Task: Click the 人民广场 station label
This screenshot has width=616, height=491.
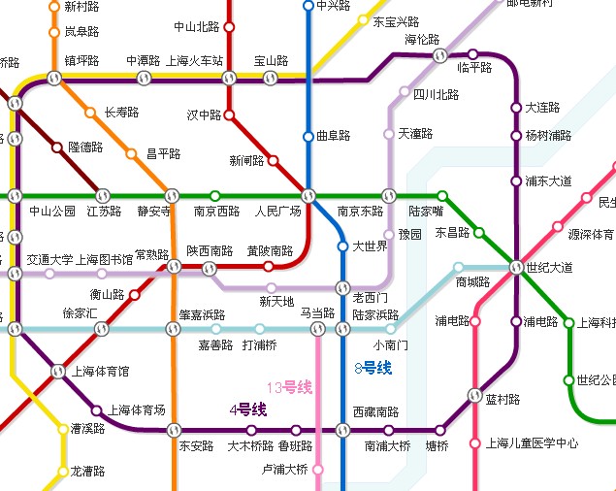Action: [278, 211]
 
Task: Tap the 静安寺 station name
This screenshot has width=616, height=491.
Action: [155, 211]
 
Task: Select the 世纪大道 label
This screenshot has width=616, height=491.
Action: [549, 267]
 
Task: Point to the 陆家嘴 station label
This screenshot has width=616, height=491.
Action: [427, 211]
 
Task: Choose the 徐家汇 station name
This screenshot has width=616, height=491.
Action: [81, 313]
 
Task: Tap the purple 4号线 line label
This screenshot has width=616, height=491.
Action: [247, 409]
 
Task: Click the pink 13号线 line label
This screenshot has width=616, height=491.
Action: [290, 388]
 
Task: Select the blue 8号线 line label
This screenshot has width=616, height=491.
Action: [373, 368]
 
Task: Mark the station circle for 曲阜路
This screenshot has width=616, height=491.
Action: [308, 136]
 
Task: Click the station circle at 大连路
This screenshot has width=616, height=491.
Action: [516, 108]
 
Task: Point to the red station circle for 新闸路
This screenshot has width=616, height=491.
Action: [273, 160]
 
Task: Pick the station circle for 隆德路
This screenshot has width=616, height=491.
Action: [56, 147]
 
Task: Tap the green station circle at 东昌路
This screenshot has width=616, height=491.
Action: [478, 232]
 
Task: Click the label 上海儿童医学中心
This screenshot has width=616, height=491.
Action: [532, 443]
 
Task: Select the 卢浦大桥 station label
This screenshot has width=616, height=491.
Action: [285, 470]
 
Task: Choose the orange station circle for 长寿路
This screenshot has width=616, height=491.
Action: [90, 113]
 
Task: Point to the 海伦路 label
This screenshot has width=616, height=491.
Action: [422, 40]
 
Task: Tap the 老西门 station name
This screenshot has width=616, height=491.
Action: [371, 296]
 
